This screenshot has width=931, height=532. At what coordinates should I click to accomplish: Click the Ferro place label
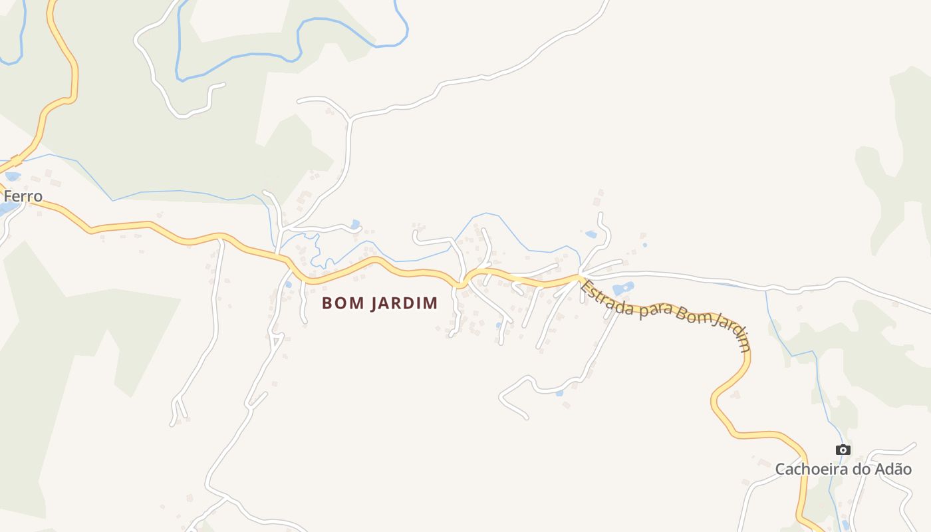pyautogui.click(x=23, y=196)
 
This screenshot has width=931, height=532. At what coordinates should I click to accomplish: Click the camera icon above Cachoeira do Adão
pyautogui.click(x=843, y=450)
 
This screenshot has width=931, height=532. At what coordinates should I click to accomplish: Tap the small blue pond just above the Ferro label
pyautogui.click(x=13, y=177)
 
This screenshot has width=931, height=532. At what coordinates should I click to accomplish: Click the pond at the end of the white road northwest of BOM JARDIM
pyautogui.click(x=355, y=224)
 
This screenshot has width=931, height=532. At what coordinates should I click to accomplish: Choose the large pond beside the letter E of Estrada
pyautogui.click(x=623, y=289)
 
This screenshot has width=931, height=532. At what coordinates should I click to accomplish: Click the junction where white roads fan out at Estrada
pyautogui.click(x=581, y=275)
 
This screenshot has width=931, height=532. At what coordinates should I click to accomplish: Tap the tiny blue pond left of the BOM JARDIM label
pyautogui.click(x=288, y=284)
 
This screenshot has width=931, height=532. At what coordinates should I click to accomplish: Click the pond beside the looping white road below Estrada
pyautogui.click(x=559, y=393)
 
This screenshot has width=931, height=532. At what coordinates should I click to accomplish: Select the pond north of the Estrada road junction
pyautogui.click(x=591, y=234)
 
